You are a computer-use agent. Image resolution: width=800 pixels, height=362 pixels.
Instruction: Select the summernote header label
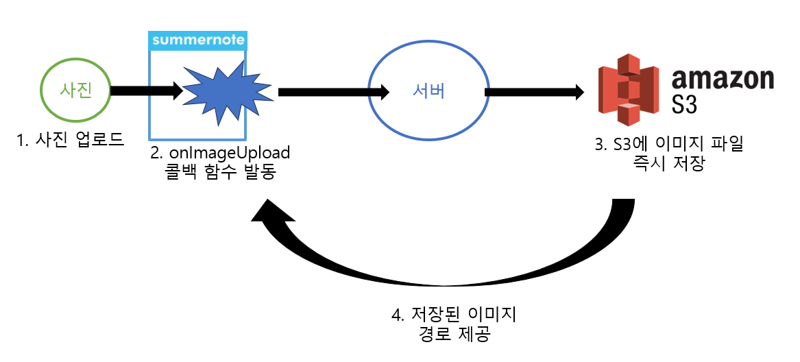[198, 40]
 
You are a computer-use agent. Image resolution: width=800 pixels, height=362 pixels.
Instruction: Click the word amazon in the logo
[723, 80]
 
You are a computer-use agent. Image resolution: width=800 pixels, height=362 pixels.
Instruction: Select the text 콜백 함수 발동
[220, 171]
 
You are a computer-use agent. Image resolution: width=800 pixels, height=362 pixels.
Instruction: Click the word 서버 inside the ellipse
[429, 90]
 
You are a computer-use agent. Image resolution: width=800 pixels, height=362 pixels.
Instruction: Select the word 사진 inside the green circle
[75, 90]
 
